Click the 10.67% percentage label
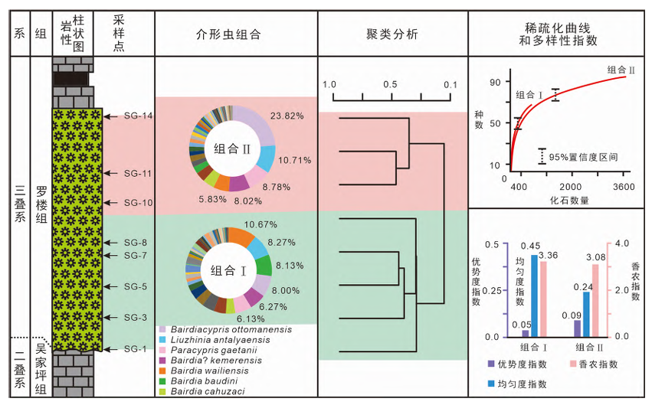(260, 224)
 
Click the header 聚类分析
(392, 34)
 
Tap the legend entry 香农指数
(600, 364)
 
